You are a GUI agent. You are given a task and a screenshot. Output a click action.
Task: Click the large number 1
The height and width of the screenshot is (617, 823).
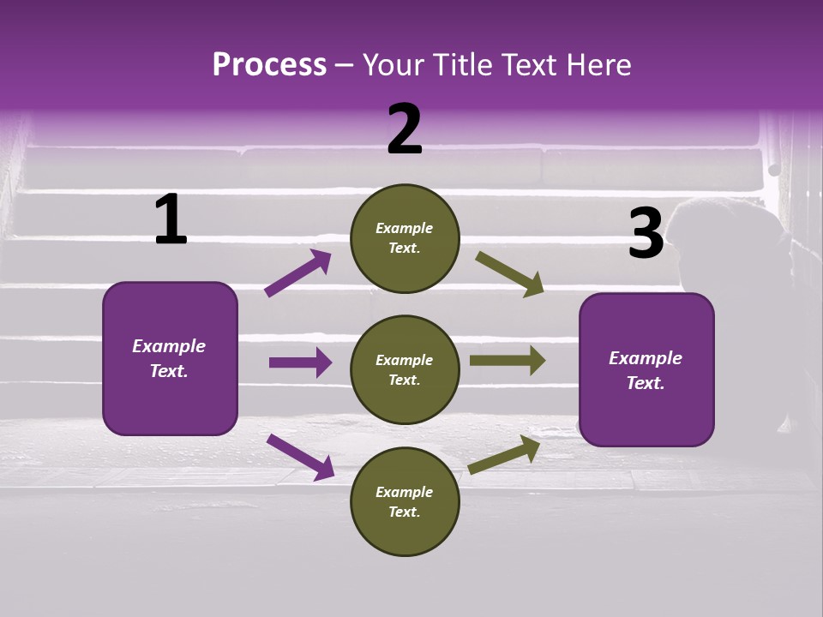171,219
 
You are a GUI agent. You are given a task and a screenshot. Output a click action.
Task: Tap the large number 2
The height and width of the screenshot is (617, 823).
405,129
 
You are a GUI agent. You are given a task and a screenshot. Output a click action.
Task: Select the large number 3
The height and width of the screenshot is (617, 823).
646,234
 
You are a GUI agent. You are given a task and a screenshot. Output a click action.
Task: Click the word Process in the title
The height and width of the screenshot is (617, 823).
269,64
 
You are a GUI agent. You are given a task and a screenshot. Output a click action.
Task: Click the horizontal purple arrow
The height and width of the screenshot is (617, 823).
300,362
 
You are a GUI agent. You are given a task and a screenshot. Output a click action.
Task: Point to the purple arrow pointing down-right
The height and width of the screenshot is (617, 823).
300,456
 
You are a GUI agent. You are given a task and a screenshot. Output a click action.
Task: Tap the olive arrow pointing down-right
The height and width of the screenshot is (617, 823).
509,273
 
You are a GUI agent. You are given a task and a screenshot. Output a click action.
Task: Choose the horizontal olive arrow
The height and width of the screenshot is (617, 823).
507,360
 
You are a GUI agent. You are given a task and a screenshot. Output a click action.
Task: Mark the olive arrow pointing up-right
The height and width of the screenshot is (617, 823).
504,454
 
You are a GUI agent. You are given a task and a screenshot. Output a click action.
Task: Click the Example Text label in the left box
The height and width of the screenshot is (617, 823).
169,358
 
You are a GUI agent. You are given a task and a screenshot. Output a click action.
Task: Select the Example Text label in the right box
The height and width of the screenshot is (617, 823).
646,370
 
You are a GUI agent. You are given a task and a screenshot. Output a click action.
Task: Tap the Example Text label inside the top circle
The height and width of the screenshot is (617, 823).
405,238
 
